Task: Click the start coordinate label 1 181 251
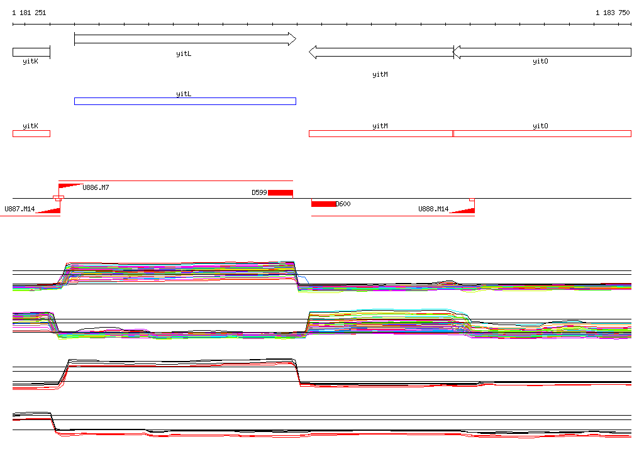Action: [29, 13]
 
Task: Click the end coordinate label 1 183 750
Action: [613, 13]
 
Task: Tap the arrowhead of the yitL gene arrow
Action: [292, 39]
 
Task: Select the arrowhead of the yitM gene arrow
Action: [313, 52]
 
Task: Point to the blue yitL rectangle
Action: [186, 101]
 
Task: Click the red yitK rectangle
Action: [31, 133]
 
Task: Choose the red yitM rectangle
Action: [380, 133]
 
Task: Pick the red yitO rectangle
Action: [542, 133]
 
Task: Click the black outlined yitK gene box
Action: [31, 52]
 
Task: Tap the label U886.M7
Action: [96, 188]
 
